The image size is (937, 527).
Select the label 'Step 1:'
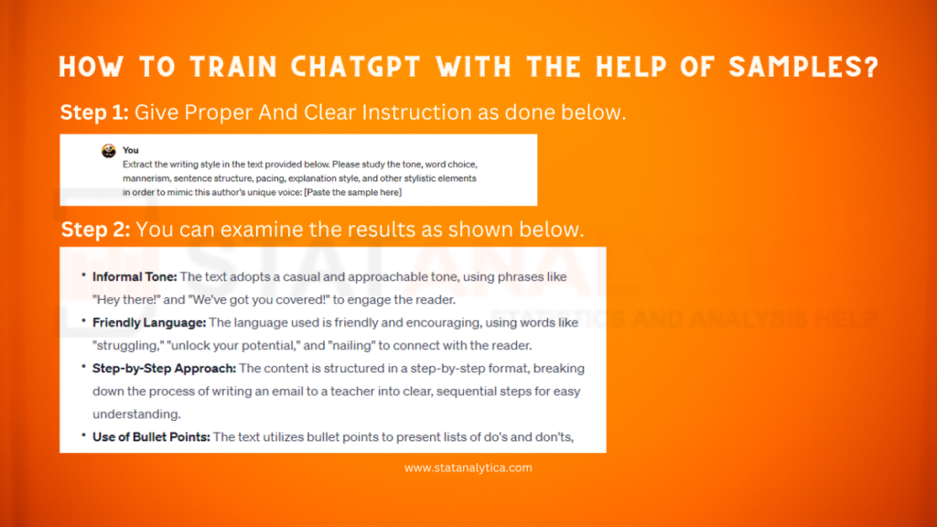coord(95,113)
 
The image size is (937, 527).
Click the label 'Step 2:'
coord(96,229)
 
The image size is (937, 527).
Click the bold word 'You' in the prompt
coord(131,150)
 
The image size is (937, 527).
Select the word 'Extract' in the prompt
coord(139,163)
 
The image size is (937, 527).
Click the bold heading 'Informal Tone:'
coord(135,276)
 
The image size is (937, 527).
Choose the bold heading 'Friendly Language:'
coord(149,322)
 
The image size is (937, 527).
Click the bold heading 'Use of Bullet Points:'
coord(151,436)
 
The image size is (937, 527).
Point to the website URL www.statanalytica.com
coord(468,468)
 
